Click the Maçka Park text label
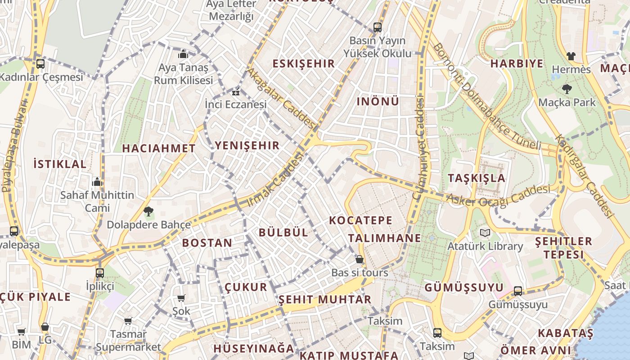567,102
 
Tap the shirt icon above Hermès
571,56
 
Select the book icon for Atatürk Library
485,233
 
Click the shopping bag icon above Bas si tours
359,259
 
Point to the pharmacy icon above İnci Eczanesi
235,93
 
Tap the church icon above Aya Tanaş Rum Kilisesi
183,54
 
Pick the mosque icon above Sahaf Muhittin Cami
97,182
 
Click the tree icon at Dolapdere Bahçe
148,211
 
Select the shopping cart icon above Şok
181,298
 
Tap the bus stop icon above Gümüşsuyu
518,291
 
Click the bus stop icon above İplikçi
100,273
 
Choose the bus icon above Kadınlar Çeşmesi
40,64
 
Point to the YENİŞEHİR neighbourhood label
247,145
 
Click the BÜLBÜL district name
283,232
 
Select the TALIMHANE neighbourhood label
384,238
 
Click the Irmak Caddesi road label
276,179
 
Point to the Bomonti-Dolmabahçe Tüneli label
486,96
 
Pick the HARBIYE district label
517,63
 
